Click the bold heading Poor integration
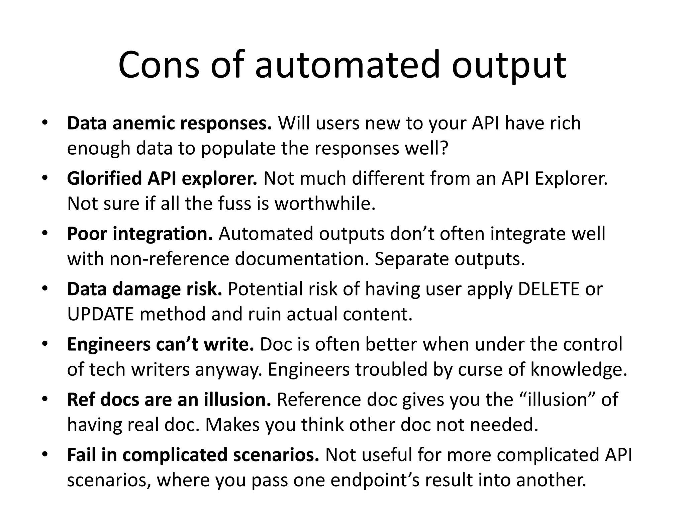140,234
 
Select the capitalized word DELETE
549,289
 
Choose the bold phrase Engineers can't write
161,344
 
